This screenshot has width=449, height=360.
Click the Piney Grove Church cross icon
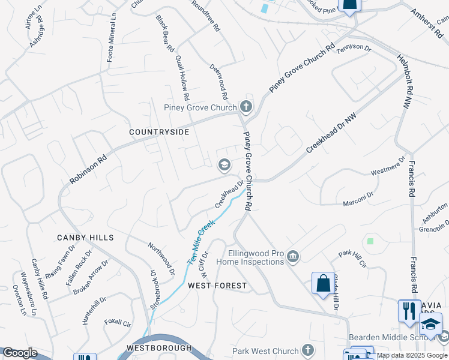(x=246, y=107)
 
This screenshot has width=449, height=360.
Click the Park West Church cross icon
(x=308, y=350)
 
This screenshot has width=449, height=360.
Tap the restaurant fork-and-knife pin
(x=409, y=311)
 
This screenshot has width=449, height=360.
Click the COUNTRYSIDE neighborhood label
(x=160, y=132)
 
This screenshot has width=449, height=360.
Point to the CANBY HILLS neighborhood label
(x=85, y=238)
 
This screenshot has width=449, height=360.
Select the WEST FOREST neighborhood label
(x=217, y=286)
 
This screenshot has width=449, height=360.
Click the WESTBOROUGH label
(x=159, y=348)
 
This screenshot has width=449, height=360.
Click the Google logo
(x=19, y=353)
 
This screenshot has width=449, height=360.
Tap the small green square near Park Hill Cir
(x=370, y=241)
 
